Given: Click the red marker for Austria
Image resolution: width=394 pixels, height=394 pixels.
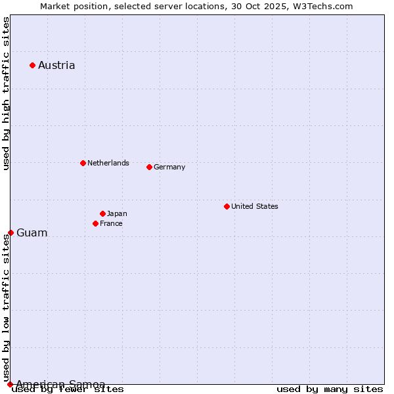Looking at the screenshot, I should coord(32,65).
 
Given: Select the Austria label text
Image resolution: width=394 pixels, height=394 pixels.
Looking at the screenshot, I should coord(56,65).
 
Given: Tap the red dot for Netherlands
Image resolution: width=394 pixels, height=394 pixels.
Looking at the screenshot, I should coord(83,163).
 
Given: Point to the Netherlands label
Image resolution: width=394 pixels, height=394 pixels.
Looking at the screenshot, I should coord(108,163).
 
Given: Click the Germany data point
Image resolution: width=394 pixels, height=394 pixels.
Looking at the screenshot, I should coord(149,167).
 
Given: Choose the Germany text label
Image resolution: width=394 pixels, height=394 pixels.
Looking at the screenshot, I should coord(169,167).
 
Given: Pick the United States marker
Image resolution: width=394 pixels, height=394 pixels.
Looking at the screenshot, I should coord(227,206).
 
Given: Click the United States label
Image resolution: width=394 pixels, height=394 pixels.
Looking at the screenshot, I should coord(255,206).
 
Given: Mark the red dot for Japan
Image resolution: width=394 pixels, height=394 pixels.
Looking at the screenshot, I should coord(102,213).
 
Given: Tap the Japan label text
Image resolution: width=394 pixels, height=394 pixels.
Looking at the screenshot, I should coord(117,213).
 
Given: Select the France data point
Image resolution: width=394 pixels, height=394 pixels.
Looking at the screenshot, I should coord(95,223).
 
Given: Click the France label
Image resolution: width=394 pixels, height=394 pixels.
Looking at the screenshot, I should coord(111,223).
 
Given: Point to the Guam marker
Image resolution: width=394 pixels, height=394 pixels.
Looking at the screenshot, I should coord(11,232).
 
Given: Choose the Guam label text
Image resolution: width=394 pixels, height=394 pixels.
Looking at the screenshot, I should coord(32,233).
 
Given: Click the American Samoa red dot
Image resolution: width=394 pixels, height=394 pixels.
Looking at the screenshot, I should coord(10,384).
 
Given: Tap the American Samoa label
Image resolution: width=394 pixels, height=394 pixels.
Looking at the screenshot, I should coord(60,384).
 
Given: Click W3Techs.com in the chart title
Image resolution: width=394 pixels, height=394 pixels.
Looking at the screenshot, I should coord(324,6).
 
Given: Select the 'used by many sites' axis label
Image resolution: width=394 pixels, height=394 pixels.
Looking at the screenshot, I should coord(330,389).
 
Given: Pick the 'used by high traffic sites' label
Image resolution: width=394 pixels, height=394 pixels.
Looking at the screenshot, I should coord(6,94).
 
